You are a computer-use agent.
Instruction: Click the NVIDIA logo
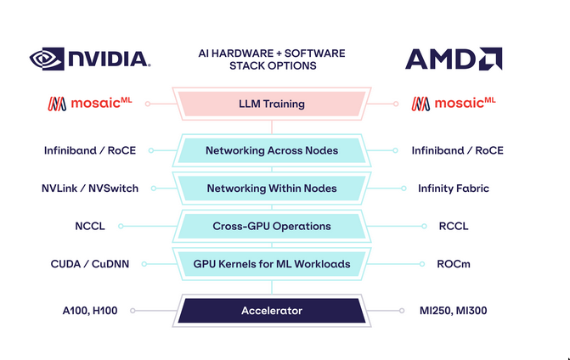90,59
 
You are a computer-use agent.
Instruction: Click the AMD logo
453,59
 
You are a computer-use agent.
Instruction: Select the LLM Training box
271,104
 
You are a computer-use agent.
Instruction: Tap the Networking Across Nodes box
271,150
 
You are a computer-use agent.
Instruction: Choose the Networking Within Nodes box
271,188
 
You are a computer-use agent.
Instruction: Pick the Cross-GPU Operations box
271,227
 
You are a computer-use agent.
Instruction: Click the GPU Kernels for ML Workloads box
271,264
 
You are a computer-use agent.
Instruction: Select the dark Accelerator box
271,311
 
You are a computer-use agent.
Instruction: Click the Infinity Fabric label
453,188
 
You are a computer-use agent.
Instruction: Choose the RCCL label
453,227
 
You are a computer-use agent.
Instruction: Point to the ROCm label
453,264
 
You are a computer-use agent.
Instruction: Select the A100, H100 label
90,311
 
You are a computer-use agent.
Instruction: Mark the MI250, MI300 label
453,311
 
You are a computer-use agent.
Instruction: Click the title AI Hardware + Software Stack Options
272,59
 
